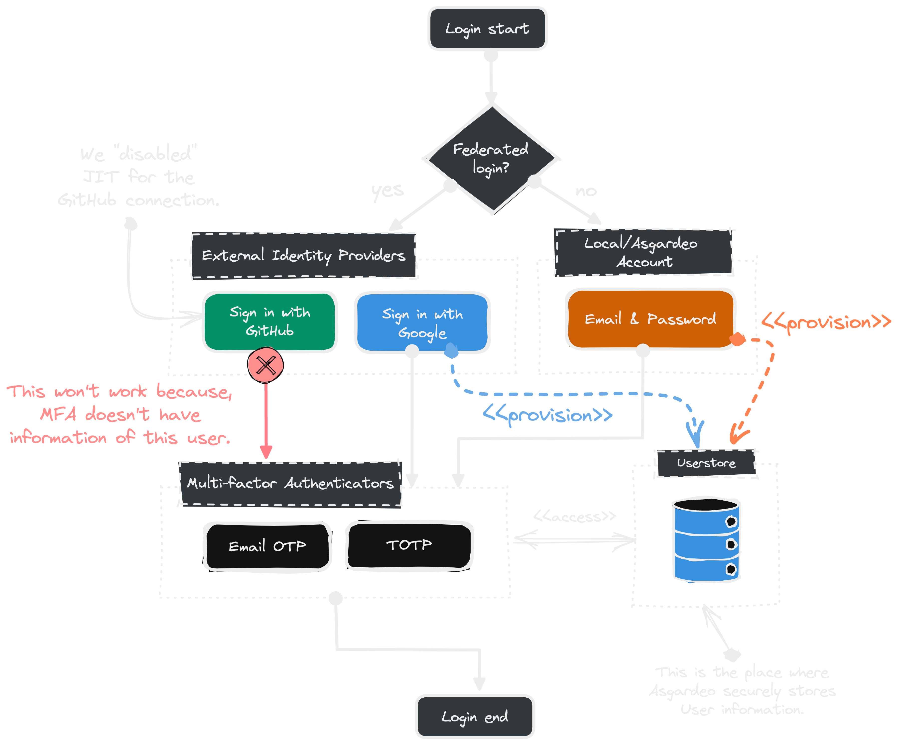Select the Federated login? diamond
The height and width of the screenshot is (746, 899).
(x=491, y=158)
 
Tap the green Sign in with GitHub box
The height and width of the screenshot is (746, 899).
(x=270, y=321)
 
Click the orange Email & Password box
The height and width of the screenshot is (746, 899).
(x=650, y=319)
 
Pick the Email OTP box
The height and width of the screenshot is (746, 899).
(x=267, y=546)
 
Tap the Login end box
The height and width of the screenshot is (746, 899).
(x=475, y=717)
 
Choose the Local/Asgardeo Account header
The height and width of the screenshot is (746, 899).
(x=643, y=252)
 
